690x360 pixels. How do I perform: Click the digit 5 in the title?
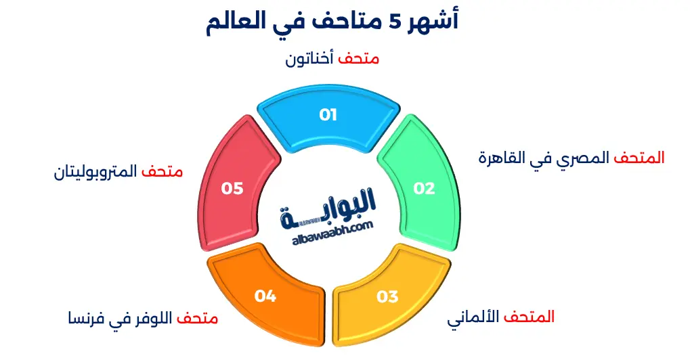coord(395,22)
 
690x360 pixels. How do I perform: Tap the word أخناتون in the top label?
coord(309,59)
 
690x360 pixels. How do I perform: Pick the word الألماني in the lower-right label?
coord(473,317)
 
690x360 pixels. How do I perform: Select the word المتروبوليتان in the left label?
coord(95,171)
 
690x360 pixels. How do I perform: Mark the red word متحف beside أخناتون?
coord(359,59)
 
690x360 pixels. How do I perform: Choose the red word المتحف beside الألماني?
coord(529,317)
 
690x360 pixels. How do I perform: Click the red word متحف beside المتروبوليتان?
coord(162,171)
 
